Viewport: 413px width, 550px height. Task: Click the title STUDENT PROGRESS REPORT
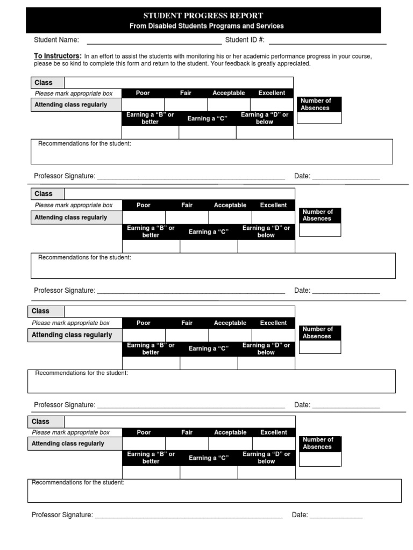(203, 16)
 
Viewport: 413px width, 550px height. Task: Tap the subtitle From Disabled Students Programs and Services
(206, 26)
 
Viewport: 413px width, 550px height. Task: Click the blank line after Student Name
(154, 40)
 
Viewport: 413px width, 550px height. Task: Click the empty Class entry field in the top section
(179, 83)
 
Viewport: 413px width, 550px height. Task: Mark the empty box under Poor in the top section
(143, 105)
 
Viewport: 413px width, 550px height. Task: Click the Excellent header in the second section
(273, 205)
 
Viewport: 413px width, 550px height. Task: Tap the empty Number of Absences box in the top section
(319, 118)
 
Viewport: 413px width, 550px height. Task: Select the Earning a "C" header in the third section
(209, 349)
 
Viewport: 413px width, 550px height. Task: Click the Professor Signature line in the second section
(190, 291)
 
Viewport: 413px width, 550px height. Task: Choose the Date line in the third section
(346, 405)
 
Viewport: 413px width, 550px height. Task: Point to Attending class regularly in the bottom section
(68, 444)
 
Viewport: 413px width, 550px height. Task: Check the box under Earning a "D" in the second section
(266, 247)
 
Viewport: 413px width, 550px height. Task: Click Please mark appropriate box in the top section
(74, 93)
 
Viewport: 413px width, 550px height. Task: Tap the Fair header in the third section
(187, 323)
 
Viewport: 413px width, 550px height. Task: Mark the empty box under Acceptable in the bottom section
(230, 444)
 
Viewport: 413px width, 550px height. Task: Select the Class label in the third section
(40, 311)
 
